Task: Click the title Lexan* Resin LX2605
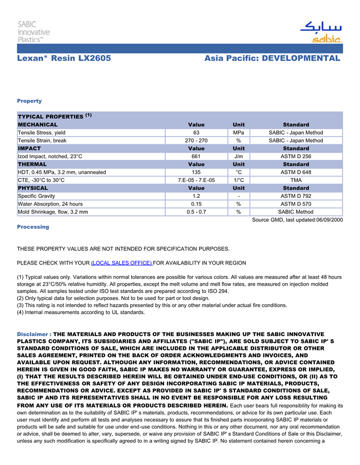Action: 64,59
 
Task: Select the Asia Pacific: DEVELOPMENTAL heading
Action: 272,59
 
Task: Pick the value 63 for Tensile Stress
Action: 196,133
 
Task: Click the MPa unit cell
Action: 239,133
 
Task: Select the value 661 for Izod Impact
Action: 196,156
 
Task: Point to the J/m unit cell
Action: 239,156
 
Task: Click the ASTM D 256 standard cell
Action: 296,156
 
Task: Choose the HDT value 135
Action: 196,172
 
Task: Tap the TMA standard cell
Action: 296,180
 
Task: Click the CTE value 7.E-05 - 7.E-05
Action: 196,180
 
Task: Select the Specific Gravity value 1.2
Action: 196,196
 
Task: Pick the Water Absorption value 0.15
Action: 196,204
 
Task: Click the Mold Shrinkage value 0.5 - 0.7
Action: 196,212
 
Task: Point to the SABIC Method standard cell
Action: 296,212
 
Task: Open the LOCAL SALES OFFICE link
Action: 121,263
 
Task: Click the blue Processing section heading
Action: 33,227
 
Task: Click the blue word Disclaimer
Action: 33,334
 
